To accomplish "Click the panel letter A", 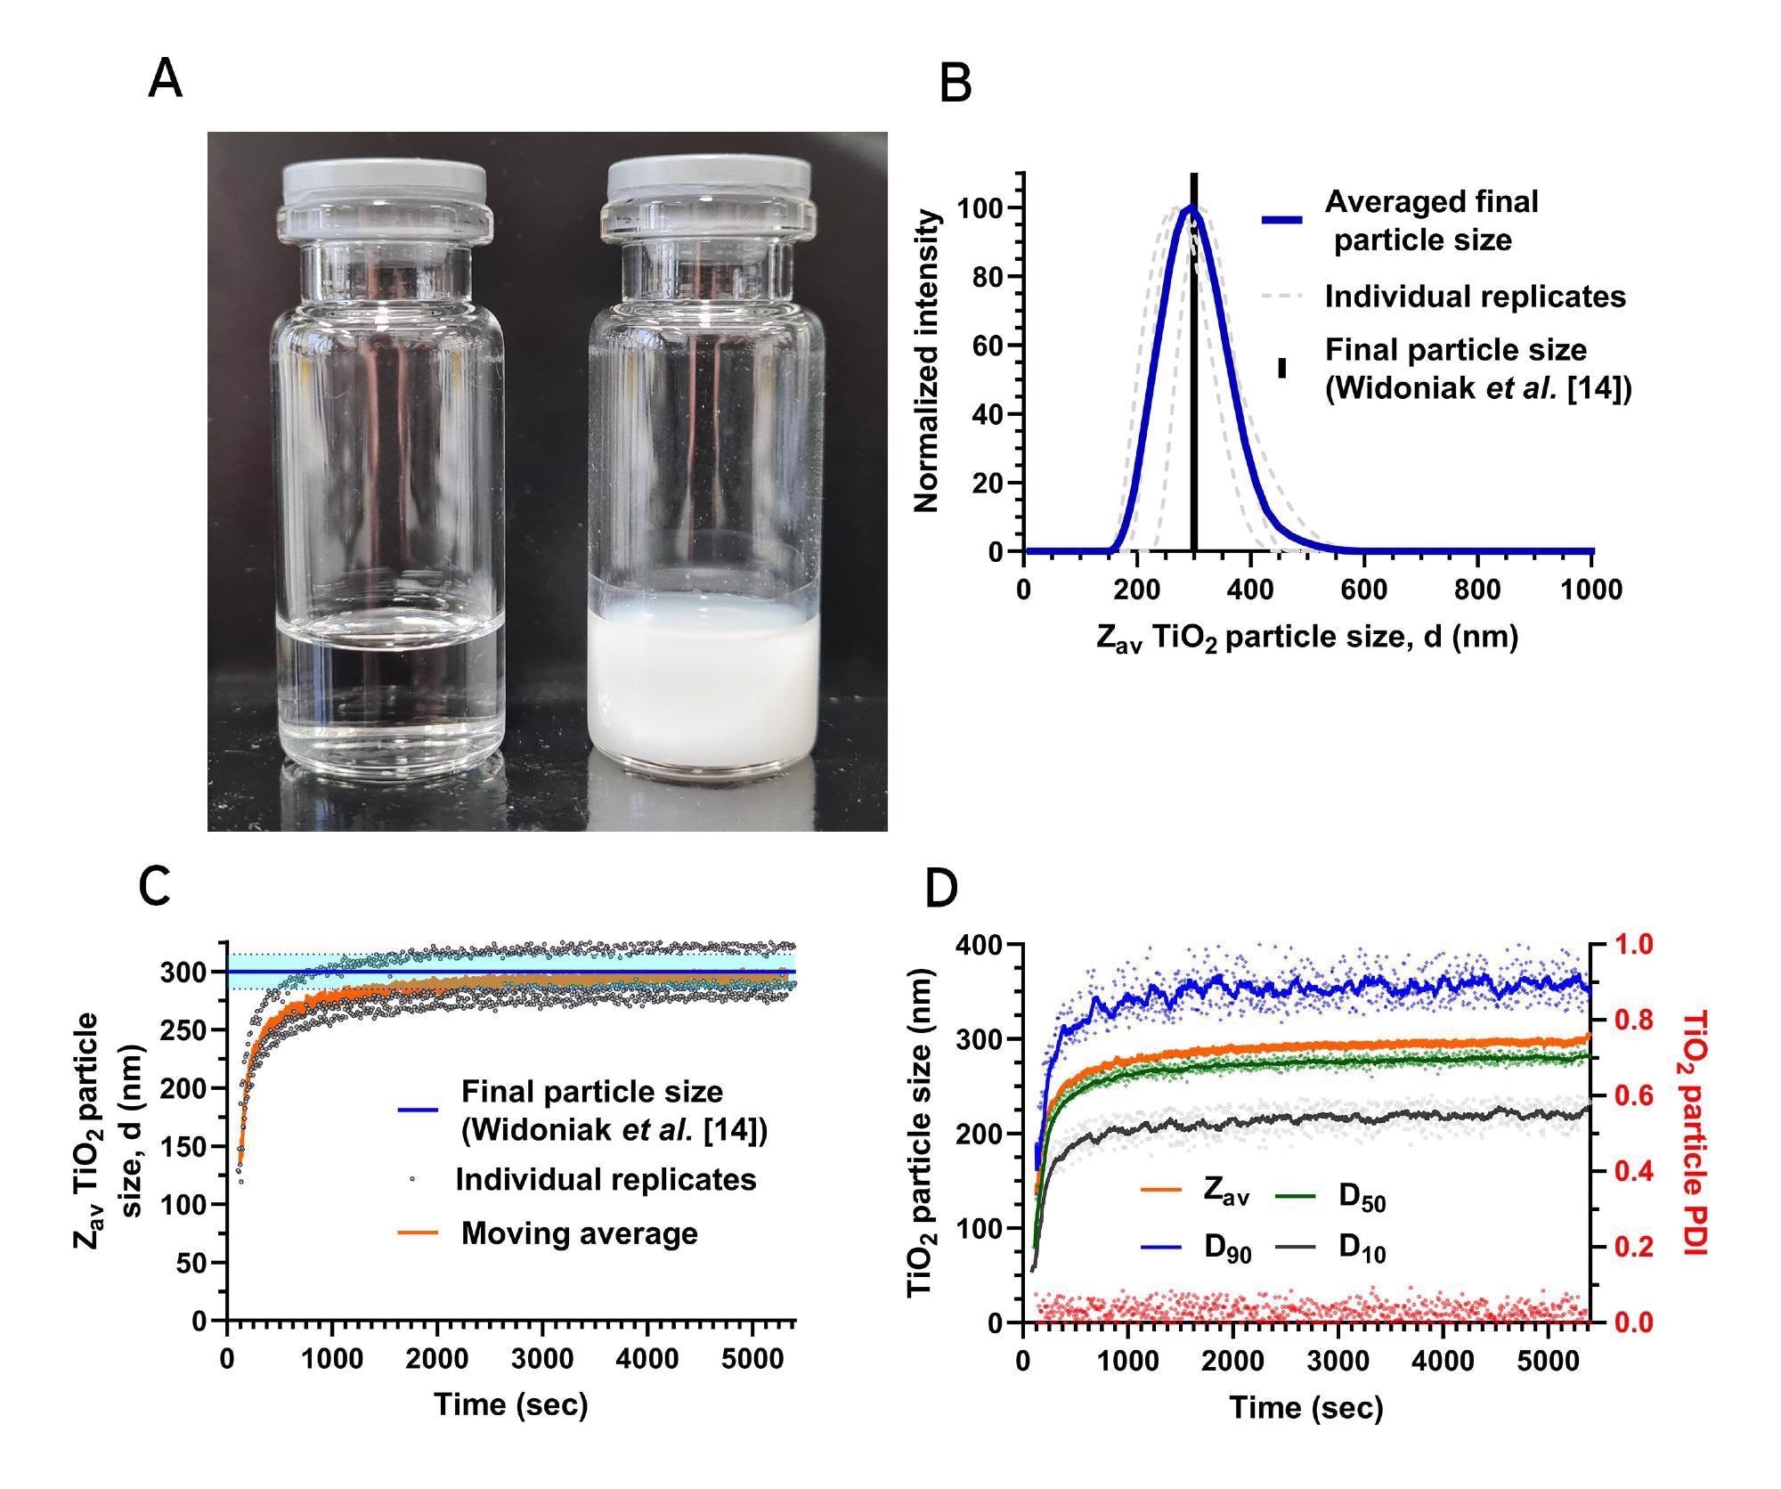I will pos(166,79).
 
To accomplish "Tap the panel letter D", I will pos(942,890).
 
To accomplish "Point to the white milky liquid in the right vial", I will pos(703,686).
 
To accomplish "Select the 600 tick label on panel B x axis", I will pos(1363,590).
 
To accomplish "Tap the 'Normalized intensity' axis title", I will pos(927,361).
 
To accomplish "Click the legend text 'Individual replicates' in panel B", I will pos(1475,297).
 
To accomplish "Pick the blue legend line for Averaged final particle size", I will pos(1282,220).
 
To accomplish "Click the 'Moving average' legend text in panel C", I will pos(579,1233).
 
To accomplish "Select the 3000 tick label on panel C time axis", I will pos(541,1360).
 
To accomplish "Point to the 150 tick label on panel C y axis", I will pos(184,1146).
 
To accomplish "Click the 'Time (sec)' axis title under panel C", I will pos(511,1404).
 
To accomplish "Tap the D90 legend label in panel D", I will pos(1227,1249).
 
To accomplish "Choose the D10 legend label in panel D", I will pos(1362,1249).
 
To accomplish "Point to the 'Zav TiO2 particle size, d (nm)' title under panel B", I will pos(1307,638).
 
